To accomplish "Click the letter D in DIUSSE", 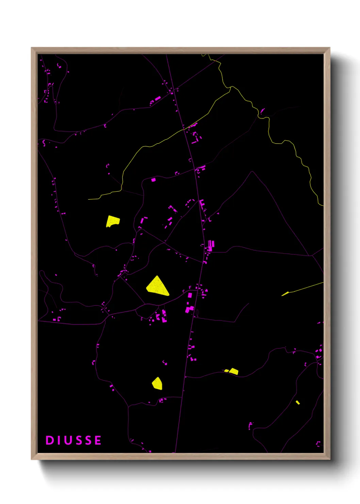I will [x=50, y=440].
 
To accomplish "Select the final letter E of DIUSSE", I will [x=98, y=440].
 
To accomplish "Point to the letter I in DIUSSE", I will [x=59, y=440].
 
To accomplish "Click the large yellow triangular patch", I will [x=157, y=287].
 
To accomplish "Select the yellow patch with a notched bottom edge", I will [x=112, y=221].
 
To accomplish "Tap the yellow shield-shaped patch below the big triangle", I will [x=157, y=383].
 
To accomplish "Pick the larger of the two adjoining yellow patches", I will [x=234, y=371].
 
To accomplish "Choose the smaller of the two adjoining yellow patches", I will [x=226, y=371].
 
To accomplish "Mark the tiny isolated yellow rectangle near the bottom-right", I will [x=298, y=403].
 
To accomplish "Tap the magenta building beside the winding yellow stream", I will [x=262, y=110].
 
